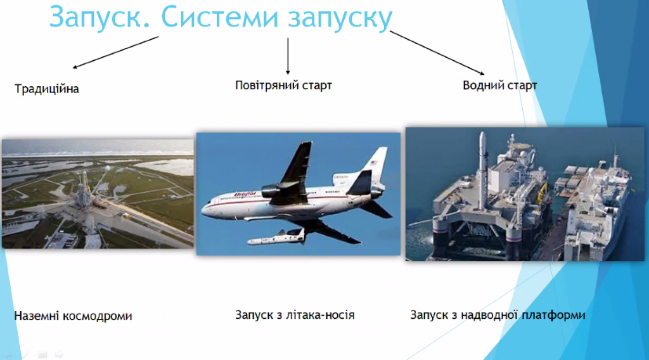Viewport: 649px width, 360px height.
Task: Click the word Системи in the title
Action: click(x=219, y=16)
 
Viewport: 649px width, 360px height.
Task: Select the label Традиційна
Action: click(x=47, y=89)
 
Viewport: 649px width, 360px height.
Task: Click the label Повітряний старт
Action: click(x=283, y=85)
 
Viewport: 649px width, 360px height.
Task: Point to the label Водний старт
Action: click(x=499, y=85)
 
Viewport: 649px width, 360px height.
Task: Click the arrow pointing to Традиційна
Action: click(x=115, y=52)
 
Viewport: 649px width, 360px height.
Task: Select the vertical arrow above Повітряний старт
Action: click(x=288, y=56)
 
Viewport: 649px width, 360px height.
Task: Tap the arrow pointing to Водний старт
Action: click(x=437, y=53)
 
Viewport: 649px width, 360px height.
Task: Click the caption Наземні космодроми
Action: click(x=74, y=316)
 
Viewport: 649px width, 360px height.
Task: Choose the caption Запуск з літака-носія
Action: click(x=295, y=315)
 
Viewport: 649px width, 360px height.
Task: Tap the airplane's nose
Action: click(x=205, y=209)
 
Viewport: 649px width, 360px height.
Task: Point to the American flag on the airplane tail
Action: click(x=374, y=163)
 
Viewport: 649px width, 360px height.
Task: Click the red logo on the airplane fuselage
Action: click(x=245, y=194)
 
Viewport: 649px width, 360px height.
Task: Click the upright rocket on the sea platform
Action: click(x=482, y=170)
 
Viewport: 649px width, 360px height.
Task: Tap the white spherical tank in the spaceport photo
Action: click(x=107, y=169)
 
